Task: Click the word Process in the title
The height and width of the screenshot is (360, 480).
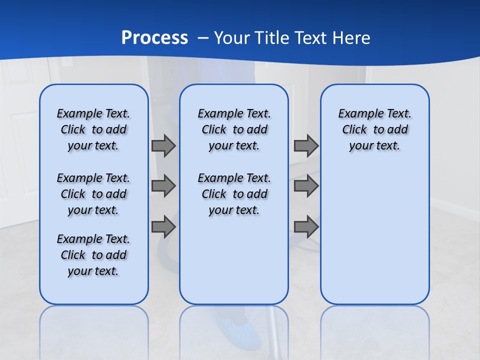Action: pos(154,38)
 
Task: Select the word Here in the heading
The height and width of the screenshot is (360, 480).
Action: pos(350,38)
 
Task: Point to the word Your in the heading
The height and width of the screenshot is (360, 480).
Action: pos(232,38)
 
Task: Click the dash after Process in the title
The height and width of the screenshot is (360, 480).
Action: pos(203,38)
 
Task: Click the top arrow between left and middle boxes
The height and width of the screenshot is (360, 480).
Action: pos(163,146)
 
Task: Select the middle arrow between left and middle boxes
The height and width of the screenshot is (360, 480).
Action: pos(163,186)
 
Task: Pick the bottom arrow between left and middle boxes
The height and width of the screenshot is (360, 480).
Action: pos(163,227)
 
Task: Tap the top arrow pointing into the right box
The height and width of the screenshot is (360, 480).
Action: pos(306,146)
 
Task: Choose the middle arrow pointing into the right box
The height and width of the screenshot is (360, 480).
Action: pos(306,186)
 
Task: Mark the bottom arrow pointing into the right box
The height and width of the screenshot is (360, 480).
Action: pos(306,227)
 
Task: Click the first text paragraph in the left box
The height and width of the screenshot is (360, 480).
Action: pos(93,129)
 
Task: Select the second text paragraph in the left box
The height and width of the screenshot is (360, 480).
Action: pos(93,194)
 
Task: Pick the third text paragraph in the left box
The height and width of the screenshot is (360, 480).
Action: pos(93,255)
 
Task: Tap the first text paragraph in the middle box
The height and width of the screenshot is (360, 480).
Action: pos(234,129)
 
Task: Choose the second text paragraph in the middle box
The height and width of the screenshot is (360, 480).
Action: pos(234,194)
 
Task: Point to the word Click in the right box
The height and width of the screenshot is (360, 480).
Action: pos(354,130)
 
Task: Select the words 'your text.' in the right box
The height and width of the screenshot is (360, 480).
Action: pos(374,146)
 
